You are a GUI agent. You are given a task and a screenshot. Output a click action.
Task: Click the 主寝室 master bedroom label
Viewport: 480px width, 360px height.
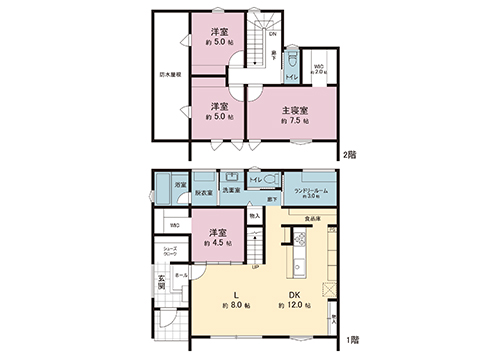click(294, 109)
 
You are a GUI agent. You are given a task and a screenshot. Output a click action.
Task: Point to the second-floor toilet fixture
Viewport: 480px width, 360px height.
click(291, 59)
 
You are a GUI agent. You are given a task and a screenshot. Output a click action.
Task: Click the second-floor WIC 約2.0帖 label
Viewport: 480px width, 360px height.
click(320, 70)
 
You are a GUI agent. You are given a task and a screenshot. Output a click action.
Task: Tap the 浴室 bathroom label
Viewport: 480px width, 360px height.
click(181, 186)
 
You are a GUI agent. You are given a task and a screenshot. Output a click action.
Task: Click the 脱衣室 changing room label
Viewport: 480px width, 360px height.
click(203, 192)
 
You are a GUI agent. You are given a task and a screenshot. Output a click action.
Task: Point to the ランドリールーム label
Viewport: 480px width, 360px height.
click(310, 189)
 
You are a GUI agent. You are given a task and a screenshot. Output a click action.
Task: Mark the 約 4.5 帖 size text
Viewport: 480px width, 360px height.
click(217, 243)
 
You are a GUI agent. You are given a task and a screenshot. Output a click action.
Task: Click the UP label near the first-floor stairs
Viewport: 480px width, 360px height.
click(254, 266)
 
